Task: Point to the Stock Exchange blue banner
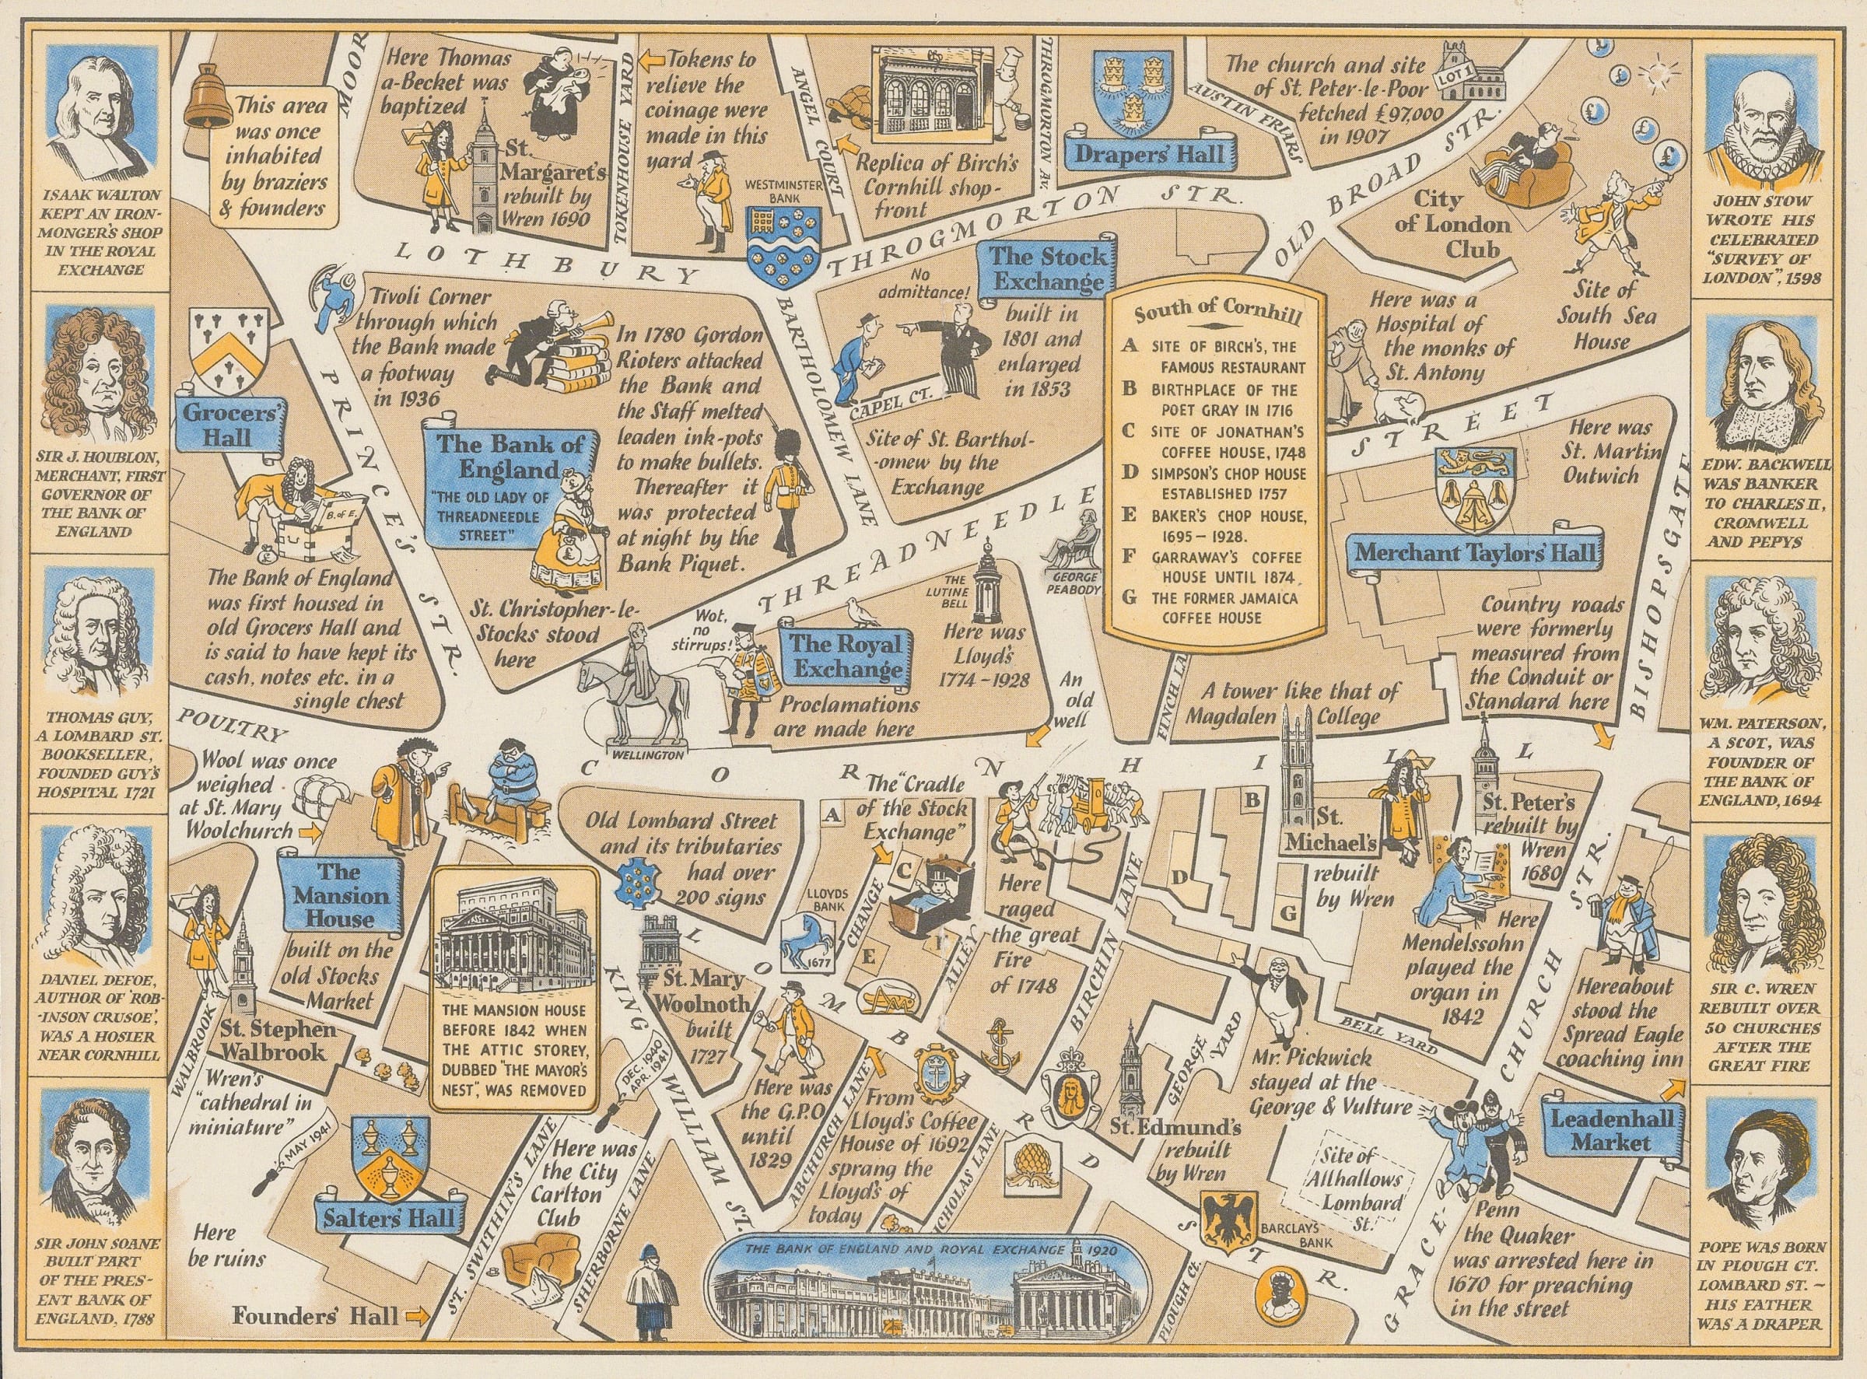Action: (1048, 269)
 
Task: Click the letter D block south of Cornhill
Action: (1179, 877)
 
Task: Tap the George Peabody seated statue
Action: (1077, 543)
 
